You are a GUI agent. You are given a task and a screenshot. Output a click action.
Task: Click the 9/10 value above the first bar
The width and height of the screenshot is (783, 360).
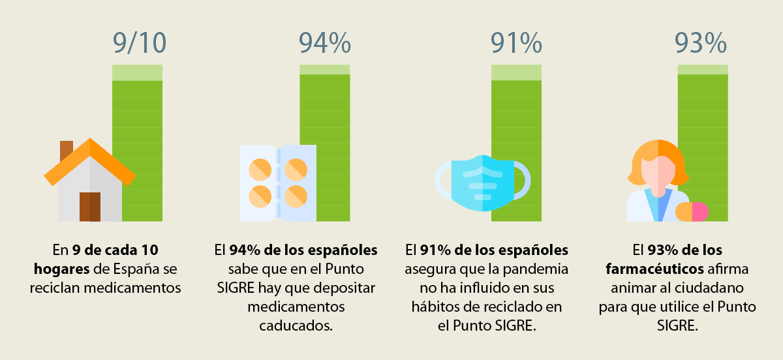(139, 42)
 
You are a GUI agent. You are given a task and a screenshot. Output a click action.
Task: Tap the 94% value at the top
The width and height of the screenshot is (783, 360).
(324, 42)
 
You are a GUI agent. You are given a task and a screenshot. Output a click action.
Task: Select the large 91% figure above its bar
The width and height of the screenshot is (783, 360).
(516, 42)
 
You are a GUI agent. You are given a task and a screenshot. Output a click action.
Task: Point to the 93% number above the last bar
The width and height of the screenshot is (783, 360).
(701, 42)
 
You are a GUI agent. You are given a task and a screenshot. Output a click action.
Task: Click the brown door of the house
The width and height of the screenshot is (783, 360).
(90, 207)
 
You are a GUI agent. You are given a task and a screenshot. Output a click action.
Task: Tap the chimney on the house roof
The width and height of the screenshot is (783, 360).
(66, 151)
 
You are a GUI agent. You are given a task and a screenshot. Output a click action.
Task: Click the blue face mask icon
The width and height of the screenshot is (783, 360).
(482, 183)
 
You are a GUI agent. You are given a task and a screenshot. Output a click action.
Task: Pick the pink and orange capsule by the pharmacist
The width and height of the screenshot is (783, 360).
(692, 211)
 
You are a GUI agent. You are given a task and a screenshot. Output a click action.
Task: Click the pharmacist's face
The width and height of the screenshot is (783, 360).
(658, 169)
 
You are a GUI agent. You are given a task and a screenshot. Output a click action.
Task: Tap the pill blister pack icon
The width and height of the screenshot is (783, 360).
(278, 183)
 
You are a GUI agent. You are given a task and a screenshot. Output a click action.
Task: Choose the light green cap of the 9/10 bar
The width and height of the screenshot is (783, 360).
(137, 72)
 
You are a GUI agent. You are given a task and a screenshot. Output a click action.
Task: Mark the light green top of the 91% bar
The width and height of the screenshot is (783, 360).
(516, 72)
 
